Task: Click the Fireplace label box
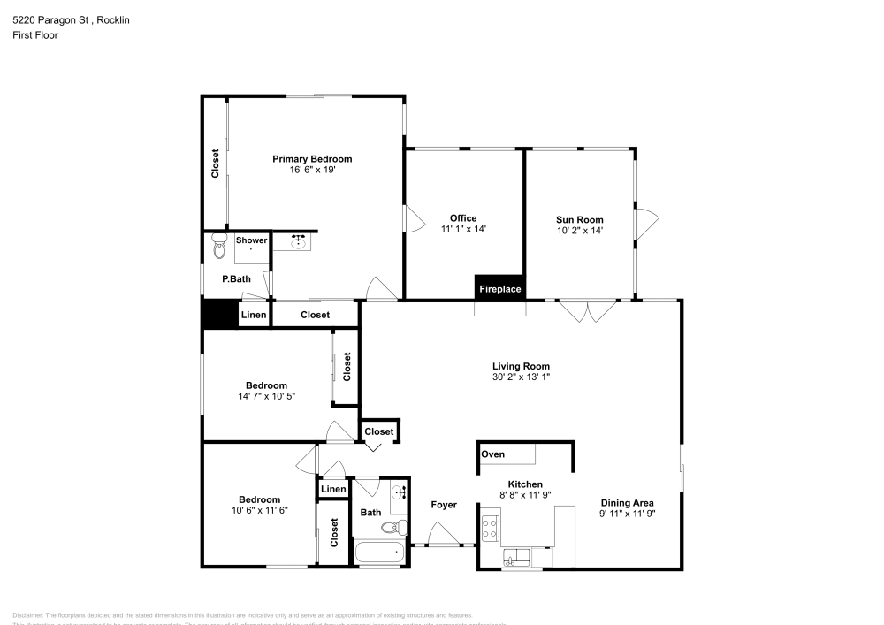(499, 289)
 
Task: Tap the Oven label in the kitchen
(493, 454)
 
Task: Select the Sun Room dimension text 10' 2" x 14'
(579, 231)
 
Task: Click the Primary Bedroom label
(311, 159)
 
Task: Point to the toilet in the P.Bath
(219, 250)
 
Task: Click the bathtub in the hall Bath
(378, 555)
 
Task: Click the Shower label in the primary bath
(251, 240)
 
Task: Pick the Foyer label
(444, 505)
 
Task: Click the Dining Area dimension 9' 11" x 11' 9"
(628, 513)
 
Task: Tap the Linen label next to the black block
(254, 315)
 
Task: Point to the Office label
(463, 218)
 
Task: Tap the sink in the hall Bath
(398, 493)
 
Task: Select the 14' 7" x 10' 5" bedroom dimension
(266, 396)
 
